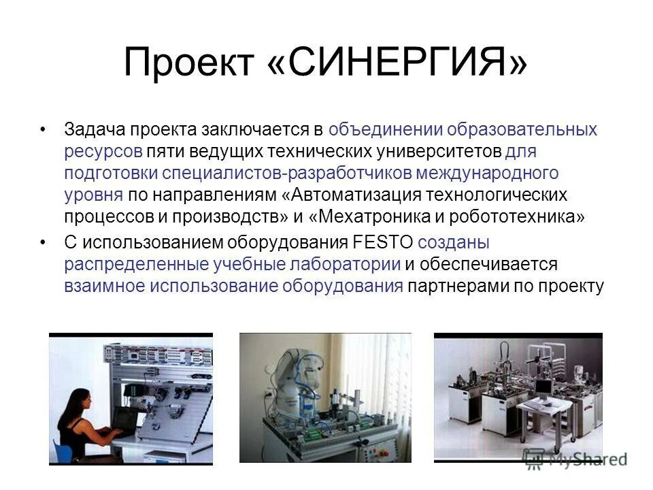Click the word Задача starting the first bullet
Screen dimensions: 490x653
(x=95, y=129)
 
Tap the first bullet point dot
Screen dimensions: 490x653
(x=44, y=129)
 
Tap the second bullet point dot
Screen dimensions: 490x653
(x=44, y=242)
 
